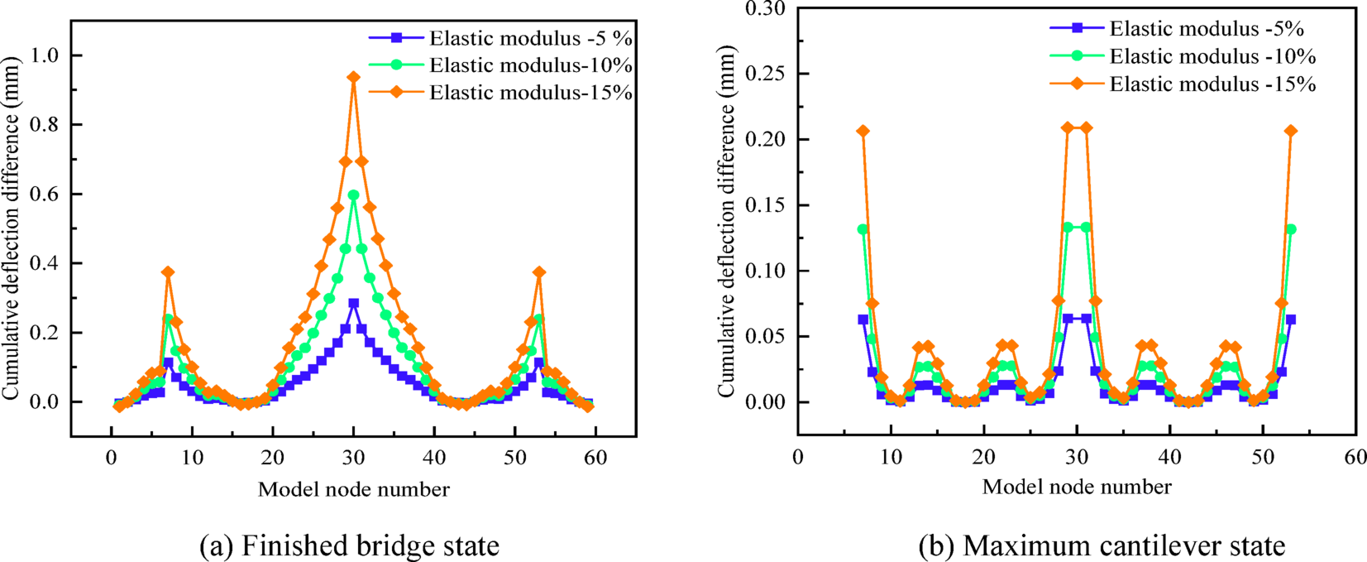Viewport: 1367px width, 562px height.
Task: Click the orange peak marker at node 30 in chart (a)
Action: point(354,77)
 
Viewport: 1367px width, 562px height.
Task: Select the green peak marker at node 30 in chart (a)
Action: point(354,195)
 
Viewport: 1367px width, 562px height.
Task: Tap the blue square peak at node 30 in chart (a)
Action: point(354,303)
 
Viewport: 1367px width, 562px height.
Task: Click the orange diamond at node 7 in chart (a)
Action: point(168,272)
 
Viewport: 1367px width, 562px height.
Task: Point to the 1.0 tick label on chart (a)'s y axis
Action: point(45,55)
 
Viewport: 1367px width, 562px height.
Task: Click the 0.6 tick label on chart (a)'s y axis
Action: point(45,195)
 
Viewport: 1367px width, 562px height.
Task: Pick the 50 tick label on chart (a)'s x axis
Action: point(514,458)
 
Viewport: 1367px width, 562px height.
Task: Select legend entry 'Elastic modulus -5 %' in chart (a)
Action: point(530,38)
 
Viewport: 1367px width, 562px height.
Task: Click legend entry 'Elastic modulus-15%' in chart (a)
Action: point(530,92)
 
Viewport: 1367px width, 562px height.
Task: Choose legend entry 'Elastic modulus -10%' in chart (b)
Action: point(1212,56)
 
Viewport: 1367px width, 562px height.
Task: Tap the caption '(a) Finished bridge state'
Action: point(350,545)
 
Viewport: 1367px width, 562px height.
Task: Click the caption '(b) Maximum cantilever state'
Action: point(1102,545)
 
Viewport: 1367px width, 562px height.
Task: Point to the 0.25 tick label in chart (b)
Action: point(766,74)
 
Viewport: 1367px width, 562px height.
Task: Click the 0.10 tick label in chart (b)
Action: point(766,271)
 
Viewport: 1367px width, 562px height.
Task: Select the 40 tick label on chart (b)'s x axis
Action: point(1169,458)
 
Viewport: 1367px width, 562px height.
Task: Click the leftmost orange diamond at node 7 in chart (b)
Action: point(863,131)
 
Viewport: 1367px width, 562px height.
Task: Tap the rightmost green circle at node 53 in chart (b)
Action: point(1290,229)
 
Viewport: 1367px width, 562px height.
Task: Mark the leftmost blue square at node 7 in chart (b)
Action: point(863,319)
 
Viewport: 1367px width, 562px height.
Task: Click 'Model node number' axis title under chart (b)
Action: point(1076,487)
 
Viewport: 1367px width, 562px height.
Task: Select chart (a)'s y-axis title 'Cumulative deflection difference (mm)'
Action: point(11,228)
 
